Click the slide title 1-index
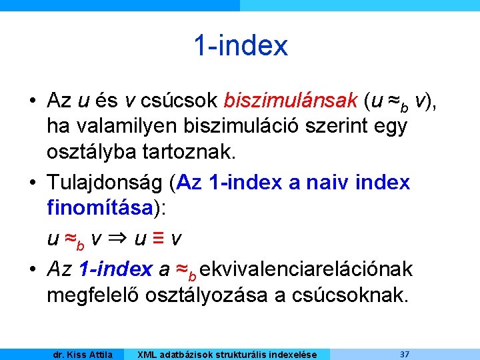(241, 46)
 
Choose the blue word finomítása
(101, 207)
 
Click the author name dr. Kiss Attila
(83, 354)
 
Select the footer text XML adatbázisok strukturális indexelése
(227, 354)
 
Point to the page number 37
(405, 353)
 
